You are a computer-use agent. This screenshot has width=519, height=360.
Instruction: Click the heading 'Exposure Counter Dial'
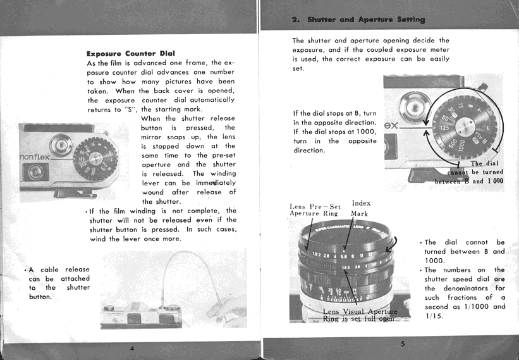(130, 53)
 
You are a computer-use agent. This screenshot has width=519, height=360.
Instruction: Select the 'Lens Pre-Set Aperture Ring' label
(315, 210)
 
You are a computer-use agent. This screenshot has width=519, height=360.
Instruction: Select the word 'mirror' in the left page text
(155, 137)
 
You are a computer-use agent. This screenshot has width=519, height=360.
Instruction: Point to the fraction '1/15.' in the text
(435, 317)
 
